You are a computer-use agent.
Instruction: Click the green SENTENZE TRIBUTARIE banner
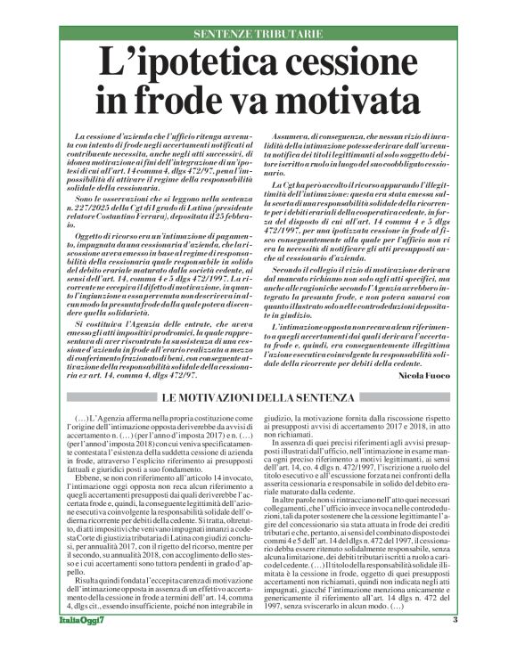point(258,34)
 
